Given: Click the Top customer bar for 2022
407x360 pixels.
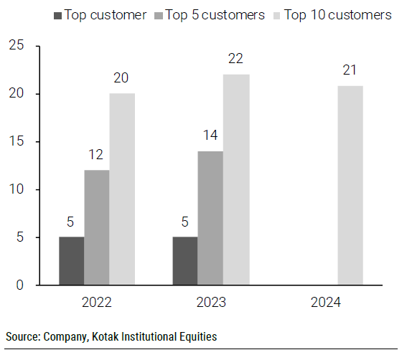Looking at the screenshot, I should click(71, 261).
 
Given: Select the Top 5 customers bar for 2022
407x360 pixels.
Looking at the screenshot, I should click(96, 227).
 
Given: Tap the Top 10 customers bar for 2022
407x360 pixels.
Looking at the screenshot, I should click(121, 189).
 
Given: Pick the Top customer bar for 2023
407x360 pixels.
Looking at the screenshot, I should click(184, 261).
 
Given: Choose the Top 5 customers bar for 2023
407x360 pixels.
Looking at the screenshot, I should click(210, 218).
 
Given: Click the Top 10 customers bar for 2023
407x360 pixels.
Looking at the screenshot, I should click(235, 179).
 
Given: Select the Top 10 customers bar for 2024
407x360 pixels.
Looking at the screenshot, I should click(350, 185).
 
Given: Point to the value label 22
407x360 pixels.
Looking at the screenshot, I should click(235, 60).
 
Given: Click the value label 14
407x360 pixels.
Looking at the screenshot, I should click(210, 136).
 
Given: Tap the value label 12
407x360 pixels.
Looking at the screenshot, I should click(96, 156).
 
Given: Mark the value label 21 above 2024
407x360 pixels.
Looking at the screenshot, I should click(350, 70).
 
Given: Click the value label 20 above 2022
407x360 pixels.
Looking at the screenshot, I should click(121, 79).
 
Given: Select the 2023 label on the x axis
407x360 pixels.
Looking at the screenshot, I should click(210, 302).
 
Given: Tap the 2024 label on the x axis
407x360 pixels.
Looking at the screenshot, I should click(325, 302).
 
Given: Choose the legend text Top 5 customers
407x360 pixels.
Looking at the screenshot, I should click(215, 15).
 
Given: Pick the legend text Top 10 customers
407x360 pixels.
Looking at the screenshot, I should click(338, 15).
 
